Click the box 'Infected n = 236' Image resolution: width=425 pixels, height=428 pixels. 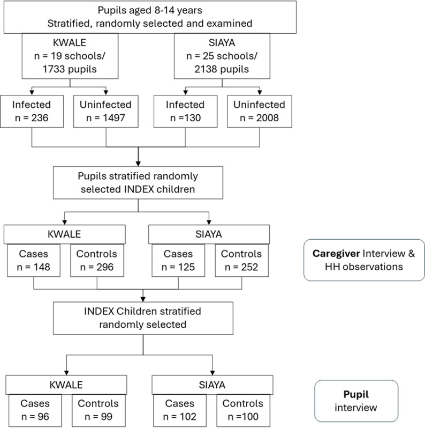click(x=32, y=112)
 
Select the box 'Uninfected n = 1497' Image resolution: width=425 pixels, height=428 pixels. click(x=105, y=112)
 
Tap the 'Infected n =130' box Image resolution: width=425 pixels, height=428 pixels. click(x=186, y=112)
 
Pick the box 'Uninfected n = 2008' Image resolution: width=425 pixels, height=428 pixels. click(x=260, y=112)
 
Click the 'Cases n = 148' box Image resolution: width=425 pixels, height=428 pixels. click(x=34, y=261)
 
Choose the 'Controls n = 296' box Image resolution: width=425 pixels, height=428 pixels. click(x=97, y=261)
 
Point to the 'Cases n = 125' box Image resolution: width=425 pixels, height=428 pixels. click(x=178, y=261)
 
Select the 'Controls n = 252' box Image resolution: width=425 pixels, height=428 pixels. click(x=241, y=261)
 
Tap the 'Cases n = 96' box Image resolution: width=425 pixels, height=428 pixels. click(x=35, y=410)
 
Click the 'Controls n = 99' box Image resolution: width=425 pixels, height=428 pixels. click(x=98, y=410)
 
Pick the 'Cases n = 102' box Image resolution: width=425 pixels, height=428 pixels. click(x=180, y=410)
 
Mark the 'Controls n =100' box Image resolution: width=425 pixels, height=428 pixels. click(x=244, y=410)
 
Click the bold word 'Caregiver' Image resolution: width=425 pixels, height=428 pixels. click(x=336, y=254)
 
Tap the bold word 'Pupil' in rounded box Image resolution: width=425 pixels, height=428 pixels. click(x=356, y=395)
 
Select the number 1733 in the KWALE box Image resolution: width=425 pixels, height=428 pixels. click(x=54, y=69)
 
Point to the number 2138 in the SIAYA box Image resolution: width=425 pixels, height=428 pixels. click(x=206, y=69)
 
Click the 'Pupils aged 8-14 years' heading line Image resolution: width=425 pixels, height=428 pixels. click(x=150, y=10)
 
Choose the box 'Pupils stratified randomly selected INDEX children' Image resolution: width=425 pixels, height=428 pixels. click(x=138, y=182)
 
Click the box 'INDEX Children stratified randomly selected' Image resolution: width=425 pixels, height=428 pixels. click(x=143, y=318)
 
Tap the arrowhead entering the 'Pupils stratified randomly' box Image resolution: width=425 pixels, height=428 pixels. click(x=138, y=164)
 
